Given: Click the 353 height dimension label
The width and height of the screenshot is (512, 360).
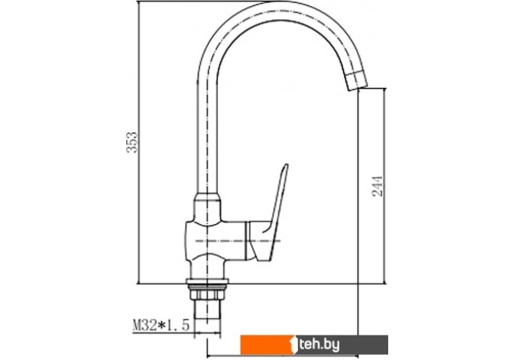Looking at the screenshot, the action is click(132, 142).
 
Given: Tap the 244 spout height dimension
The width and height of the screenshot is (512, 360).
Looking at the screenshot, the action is click(378, 186).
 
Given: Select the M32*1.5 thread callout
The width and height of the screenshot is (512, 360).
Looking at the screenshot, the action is click(161, 326).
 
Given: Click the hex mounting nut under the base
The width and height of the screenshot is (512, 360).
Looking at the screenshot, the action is click(207, 294).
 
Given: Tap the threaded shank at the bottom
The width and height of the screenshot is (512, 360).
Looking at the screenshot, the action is click(207, 310).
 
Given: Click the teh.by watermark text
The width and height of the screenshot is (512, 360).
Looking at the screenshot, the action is click(319, 344).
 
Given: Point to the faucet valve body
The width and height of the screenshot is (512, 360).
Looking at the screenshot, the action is click(215, 240).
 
